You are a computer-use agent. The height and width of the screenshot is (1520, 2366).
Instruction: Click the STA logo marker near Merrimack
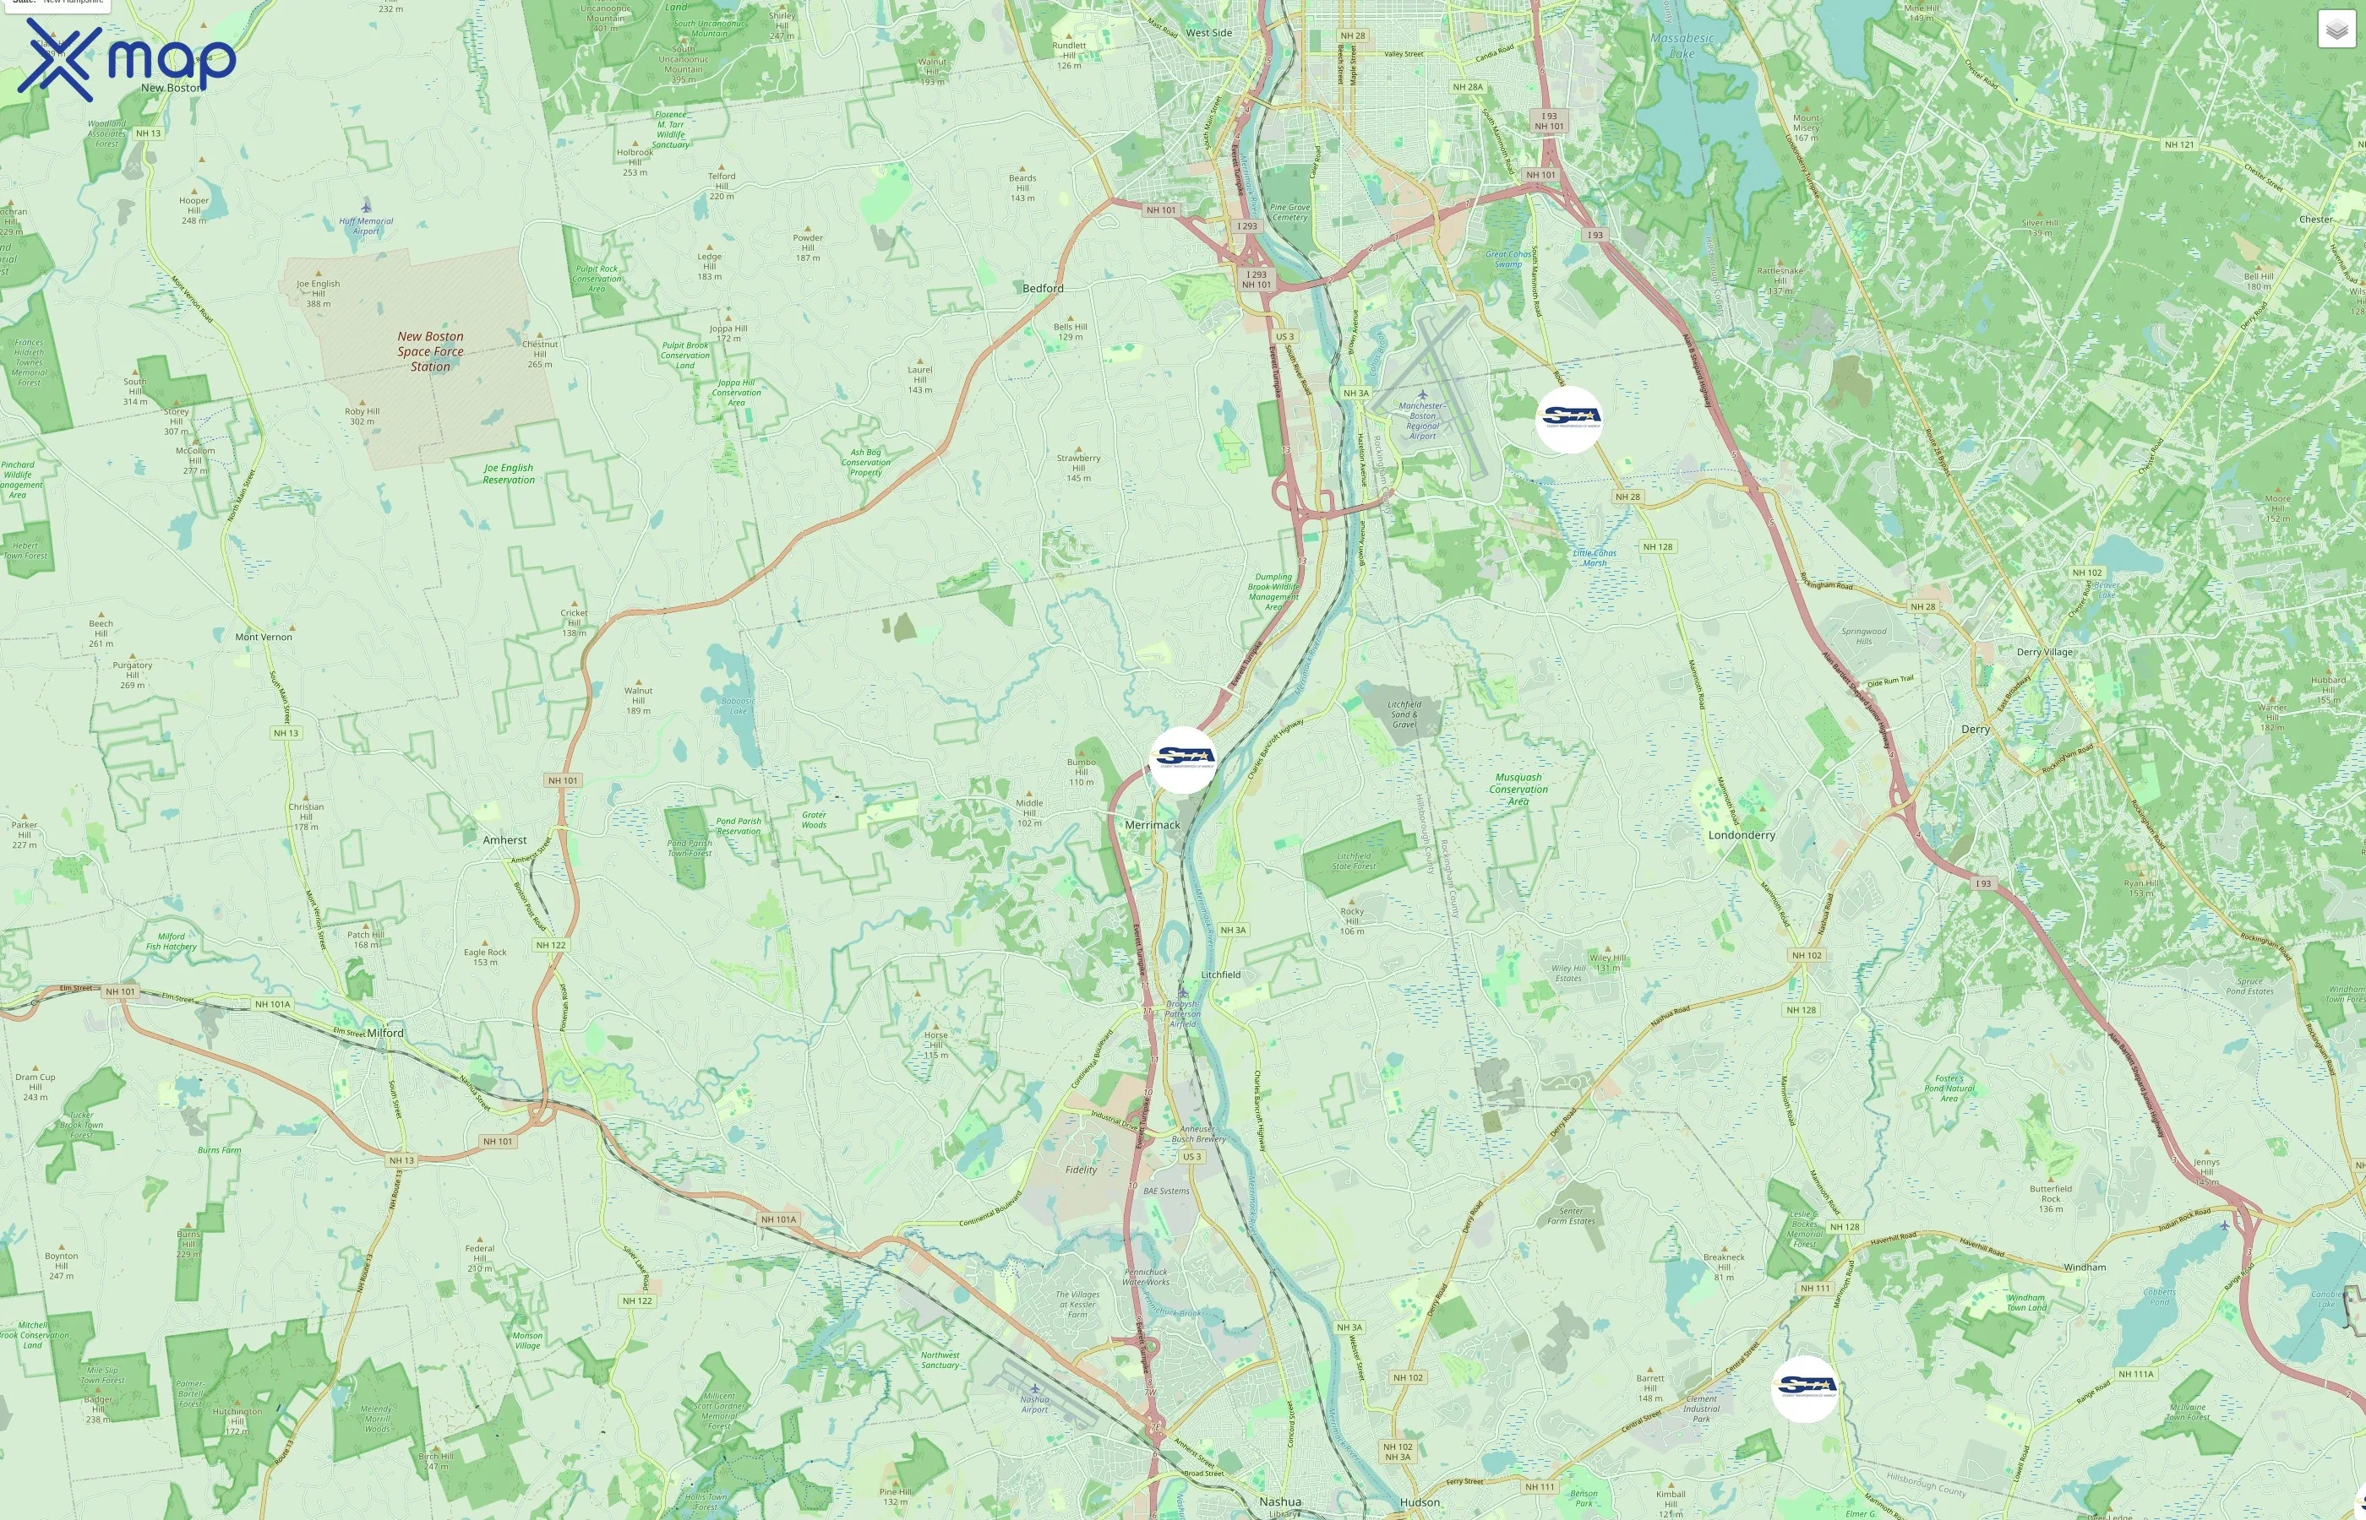[x=1183, y=759]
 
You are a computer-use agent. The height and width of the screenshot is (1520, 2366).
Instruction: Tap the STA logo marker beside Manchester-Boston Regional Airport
[x=1569, y=420]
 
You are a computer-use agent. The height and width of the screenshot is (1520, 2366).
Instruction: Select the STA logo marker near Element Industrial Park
[x=1804, y=1387]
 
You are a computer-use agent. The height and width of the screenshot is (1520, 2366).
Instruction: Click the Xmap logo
[x=127, y=59]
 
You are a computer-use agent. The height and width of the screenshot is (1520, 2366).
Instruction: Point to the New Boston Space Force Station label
[x=431, y=351]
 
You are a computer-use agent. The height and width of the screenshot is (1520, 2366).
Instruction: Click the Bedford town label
[x=1043, y=288]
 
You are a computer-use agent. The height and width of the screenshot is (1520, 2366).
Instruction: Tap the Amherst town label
[x=504, y=840]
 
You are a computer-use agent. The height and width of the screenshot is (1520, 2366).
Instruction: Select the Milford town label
[x=385, y=1033]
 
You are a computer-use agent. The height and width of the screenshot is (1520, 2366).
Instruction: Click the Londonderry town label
[x=1741, y=835]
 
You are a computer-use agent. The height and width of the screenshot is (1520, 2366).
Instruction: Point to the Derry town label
[x=1975, y=730]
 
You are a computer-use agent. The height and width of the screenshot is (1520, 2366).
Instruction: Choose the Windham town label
[x=2085, y=1267]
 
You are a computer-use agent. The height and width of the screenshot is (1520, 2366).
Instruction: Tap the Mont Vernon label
[x=264, y=637]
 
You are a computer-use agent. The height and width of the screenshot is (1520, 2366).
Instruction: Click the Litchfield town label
[x=1220, y=974]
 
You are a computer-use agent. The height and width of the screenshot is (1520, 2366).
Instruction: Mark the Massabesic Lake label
[x=1682, y=46]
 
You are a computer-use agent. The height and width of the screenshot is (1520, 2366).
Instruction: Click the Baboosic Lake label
[x=738, y=706]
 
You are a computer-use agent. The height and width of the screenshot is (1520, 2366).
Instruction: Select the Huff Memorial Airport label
[x=367, y=226]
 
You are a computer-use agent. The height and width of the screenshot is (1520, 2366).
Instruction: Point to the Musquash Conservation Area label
[x=1518, y=789]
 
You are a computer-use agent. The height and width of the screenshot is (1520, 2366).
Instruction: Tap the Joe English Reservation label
[x=509, y=474]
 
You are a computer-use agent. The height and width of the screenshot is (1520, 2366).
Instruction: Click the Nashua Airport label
[x=1035, y=1403]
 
